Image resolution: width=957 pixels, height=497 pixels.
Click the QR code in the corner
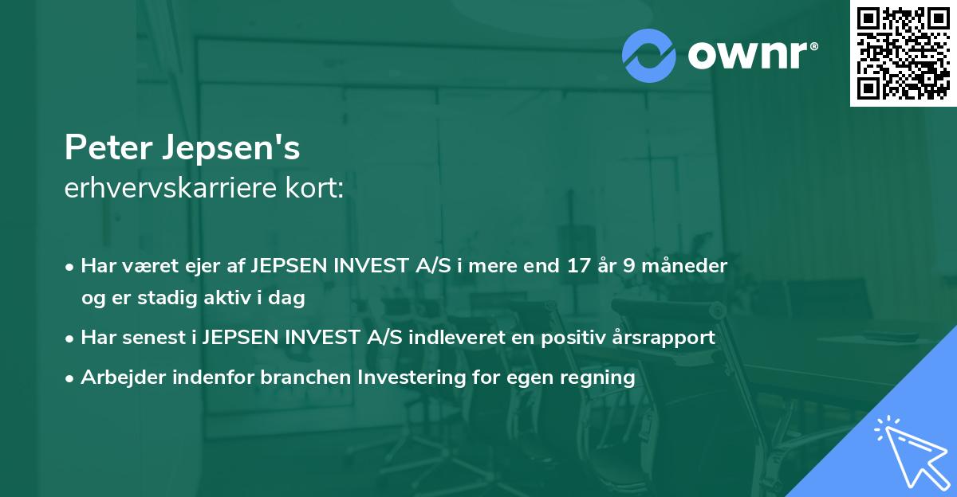903,53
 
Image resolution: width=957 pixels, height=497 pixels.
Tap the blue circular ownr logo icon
648,56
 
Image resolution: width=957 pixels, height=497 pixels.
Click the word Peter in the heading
108,147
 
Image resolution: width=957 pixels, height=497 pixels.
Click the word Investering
412,378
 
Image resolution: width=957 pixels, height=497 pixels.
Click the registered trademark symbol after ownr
813,46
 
